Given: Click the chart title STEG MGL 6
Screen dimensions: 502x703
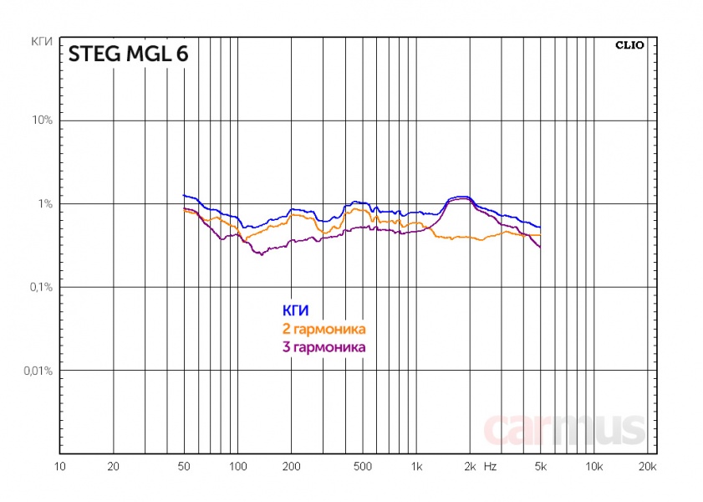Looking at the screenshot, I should tap(128, 54).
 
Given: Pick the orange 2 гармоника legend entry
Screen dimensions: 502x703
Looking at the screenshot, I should tap(325, 329).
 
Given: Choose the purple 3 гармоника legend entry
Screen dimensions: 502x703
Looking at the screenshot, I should tap(325, 346).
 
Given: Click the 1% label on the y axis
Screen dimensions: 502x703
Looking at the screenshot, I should tap(46, 204).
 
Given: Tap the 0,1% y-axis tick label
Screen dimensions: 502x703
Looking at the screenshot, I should tap(41, 287).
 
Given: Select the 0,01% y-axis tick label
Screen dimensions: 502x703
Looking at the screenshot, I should tap(38, 370).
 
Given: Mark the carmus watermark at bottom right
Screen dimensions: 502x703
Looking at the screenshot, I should tap(564, 428).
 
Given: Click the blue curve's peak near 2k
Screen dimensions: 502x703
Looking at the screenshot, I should tap(462, 197).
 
